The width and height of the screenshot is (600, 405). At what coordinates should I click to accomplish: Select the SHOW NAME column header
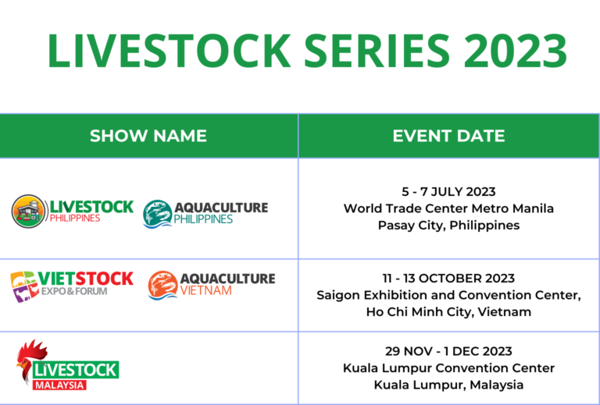coord(148,136)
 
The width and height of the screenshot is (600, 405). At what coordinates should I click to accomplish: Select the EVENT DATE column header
coord(448,136)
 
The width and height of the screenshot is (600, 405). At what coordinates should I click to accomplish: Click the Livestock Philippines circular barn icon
coord(28,211)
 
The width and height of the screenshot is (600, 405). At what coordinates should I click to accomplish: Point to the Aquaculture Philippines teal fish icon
coord(158,213)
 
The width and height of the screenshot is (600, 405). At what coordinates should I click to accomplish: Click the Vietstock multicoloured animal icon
coord(24,286)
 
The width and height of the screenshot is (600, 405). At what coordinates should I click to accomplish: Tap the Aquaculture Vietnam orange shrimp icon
coord(162,286)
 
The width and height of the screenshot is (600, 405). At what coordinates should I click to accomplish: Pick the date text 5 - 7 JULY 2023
coord(448,192)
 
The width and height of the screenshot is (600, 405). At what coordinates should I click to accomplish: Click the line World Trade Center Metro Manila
coord(448,208)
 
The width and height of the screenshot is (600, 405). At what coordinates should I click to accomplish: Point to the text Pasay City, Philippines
coord(448,226)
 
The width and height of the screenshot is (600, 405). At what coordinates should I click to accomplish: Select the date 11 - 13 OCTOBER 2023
coord(448,279)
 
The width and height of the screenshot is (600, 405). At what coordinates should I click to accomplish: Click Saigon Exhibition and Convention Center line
coord(448,295)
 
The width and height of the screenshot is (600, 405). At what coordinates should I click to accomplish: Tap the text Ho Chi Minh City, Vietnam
coord(448,312)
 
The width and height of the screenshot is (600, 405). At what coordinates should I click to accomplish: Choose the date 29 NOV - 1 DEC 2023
coord(448,351)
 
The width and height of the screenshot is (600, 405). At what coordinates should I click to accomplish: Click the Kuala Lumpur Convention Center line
coord(448,368)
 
